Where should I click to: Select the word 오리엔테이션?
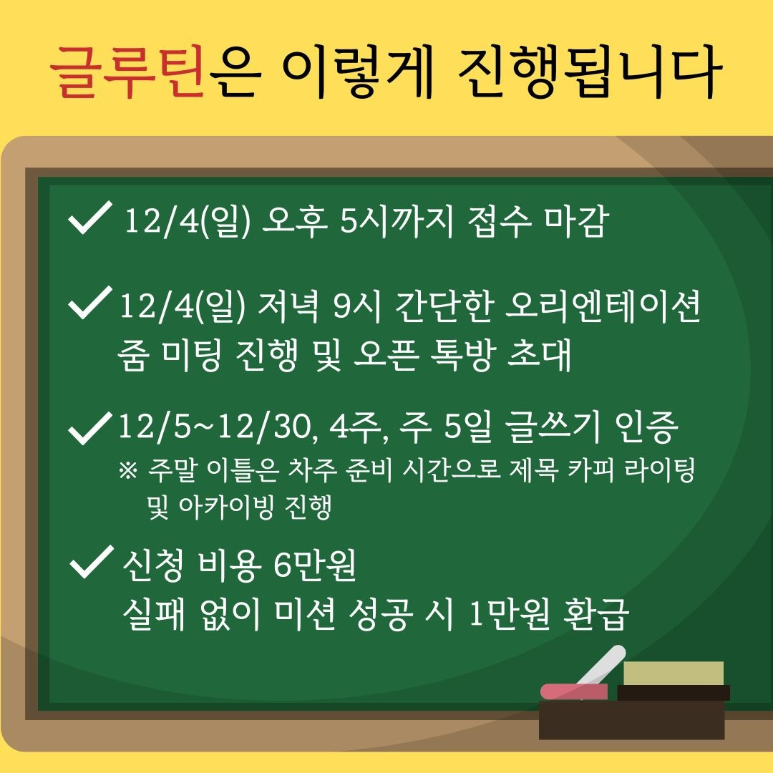pyautogui.click(x=601, y=309)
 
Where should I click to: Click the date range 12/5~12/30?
pyautogui.click(x=215, y=429)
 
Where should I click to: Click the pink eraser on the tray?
pyautogui.click(x=573, y=691)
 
